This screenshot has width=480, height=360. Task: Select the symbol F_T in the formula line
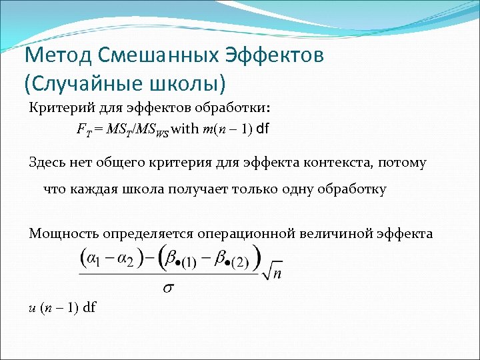pos(83,129)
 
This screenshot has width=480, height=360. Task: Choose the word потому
pos(407,162)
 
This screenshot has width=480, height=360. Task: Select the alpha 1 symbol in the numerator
pos(95,259)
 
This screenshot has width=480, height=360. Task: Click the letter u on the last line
pos(33,307)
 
